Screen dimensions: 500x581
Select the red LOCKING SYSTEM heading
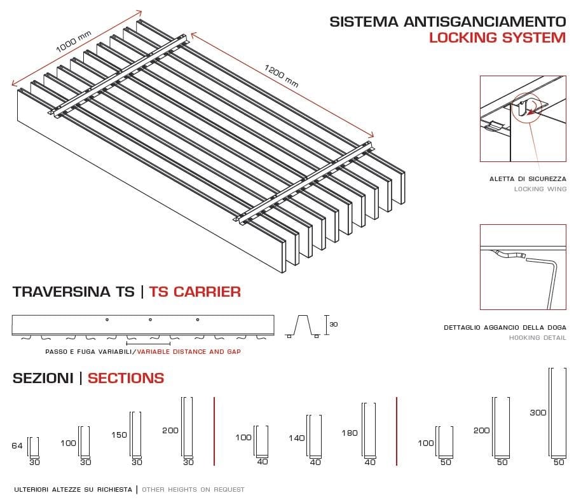[497, 37]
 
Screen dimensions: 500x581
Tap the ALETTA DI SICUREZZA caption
[528, 179]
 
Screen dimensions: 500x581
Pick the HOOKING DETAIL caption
[537, 338]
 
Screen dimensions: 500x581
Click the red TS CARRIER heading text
[195, 292]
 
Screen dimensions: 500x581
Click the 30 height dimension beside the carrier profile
[334, 324]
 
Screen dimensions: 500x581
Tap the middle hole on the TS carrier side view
[150, 319]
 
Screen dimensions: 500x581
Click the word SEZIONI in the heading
[43, 379]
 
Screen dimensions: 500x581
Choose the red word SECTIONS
[126, 379]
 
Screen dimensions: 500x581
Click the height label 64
[17, 446]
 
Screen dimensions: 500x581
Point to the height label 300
[538, 412]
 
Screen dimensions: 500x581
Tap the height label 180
[349, 433]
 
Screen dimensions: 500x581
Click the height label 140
[296, 438]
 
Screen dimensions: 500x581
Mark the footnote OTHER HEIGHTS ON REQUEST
[193, 490]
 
